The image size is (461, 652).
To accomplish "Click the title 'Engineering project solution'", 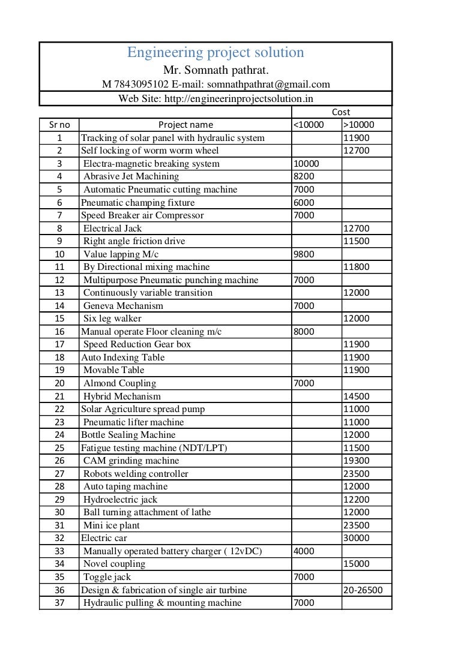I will point(215,53).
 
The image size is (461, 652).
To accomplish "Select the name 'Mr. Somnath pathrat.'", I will point(215,71).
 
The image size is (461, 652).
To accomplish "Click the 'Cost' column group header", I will point(341,112).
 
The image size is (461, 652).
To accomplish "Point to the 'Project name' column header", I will point(185,125).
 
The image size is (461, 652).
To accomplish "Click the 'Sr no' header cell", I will point(59,125).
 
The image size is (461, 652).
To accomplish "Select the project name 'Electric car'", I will point(104,538).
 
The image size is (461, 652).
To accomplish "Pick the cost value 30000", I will point(357,538).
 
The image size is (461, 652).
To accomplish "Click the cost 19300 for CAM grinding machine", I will point(357,461).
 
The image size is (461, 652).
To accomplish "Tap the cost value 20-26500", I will point(363,590).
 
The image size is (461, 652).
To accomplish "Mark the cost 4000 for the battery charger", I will point(304,551).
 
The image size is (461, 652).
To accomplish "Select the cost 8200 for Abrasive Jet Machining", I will point(304,176).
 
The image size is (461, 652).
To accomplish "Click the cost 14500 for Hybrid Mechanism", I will point(357,396).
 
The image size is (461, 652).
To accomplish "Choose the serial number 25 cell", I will point(59,448).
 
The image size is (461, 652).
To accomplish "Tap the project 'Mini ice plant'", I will point(112,525).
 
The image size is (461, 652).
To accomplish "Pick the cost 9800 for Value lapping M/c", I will point(304,254).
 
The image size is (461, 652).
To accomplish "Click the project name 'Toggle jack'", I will point(107,577).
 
